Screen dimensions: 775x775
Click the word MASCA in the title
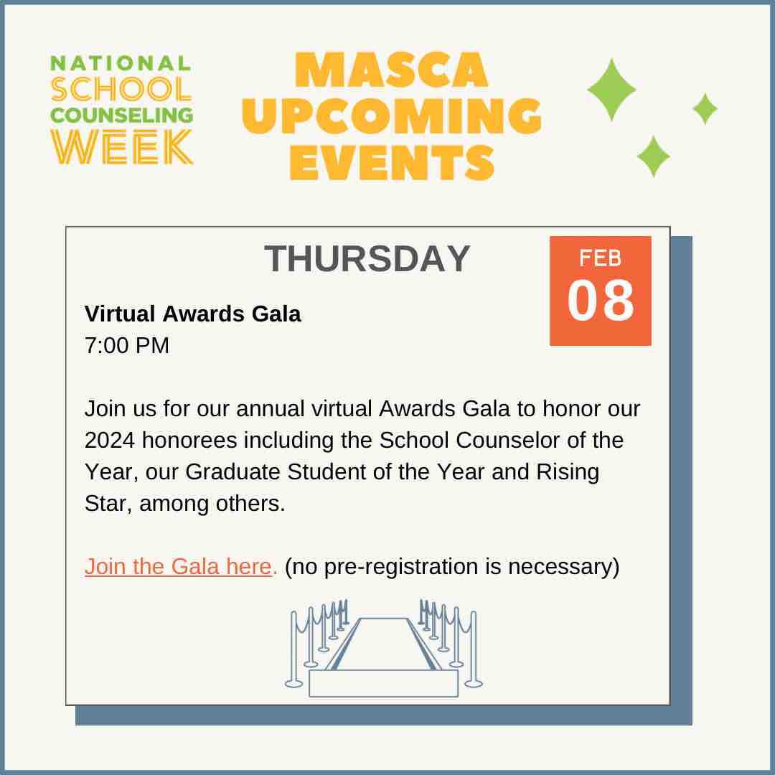click(x=391, y=70)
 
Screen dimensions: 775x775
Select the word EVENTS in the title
click(x=392, y=162)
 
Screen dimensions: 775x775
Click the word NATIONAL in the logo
click(x=121, y=63)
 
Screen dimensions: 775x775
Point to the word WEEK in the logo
click(x=121, y=147)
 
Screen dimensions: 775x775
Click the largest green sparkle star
click(x=611, y=89)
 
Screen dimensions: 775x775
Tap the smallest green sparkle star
click(x=705, y=108)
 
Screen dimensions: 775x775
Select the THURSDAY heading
click(x=367, y=258)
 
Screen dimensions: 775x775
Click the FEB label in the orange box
click(x=601, y=258)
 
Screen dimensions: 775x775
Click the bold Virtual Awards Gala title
click(x=192, y=314)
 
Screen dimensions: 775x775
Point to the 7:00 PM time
click(x=127, y=345)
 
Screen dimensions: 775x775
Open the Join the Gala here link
click(x=179, y=566)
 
